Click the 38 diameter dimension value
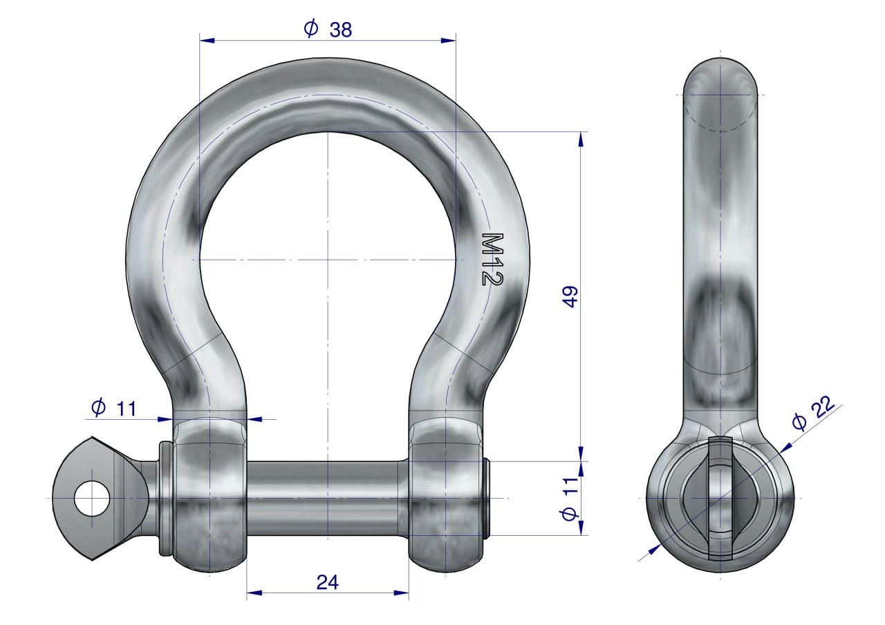[x=340, y=30]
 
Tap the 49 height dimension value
[x=570, y=297]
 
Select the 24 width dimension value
[x=328, y=582]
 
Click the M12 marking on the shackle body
[x=493, y=259]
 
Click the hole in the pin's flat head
[x=93, y=498]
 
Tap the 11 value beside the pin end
[x=570, y=486]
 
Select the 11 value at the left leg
[x=127, y=409]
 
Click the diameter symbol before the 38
[x=311, y=28]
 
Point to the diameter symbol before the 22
[x=799, y=422]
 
